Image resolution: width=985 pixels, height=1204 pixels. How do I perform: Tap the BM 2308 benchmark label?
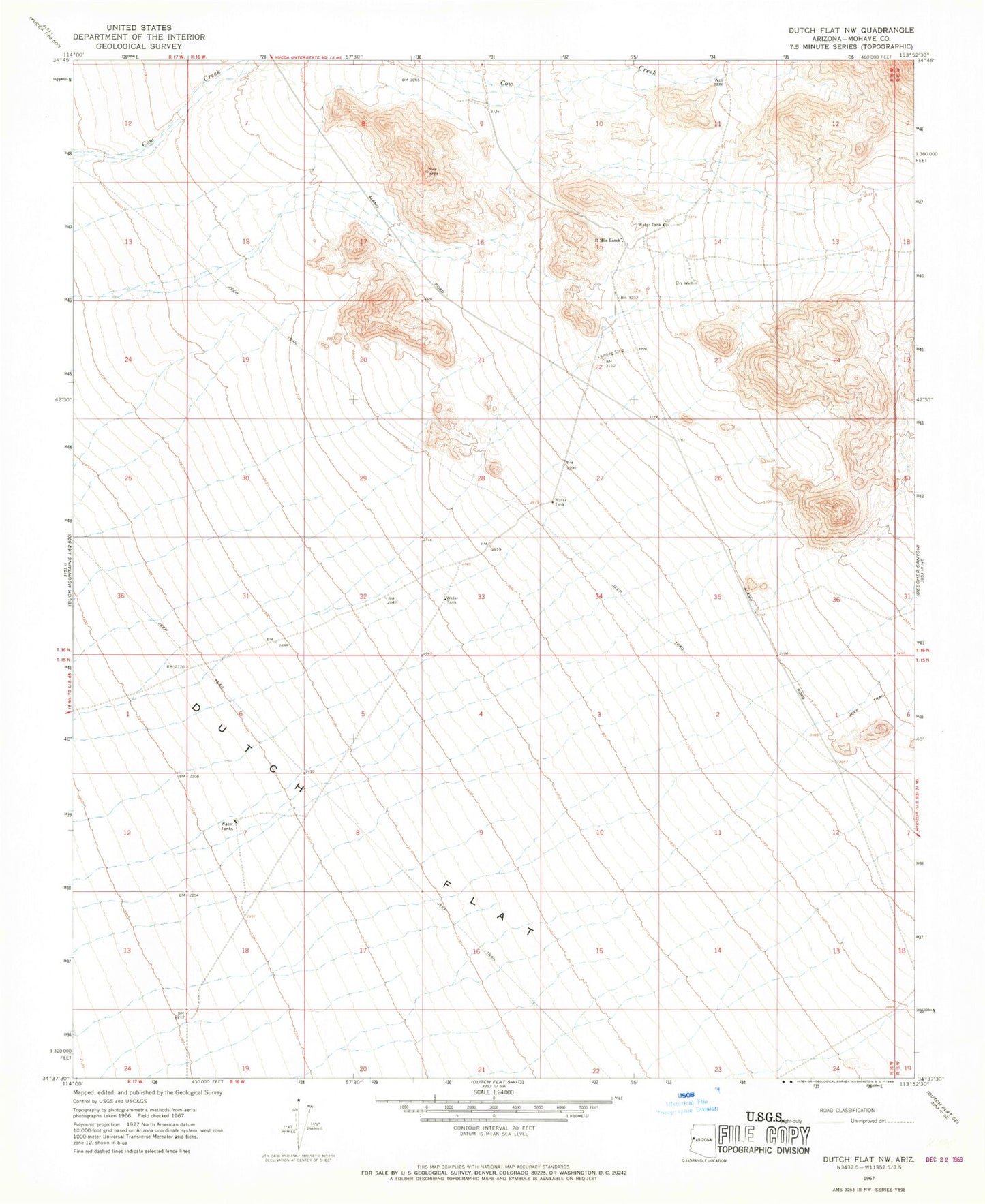187,776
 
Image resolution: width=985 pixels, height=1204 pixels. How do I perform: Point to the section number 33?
481,596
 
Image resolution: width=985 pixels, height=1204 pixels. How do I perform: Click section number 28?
481,478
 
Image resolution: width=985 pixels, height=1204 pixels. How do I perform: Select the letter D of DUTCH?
196,709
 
